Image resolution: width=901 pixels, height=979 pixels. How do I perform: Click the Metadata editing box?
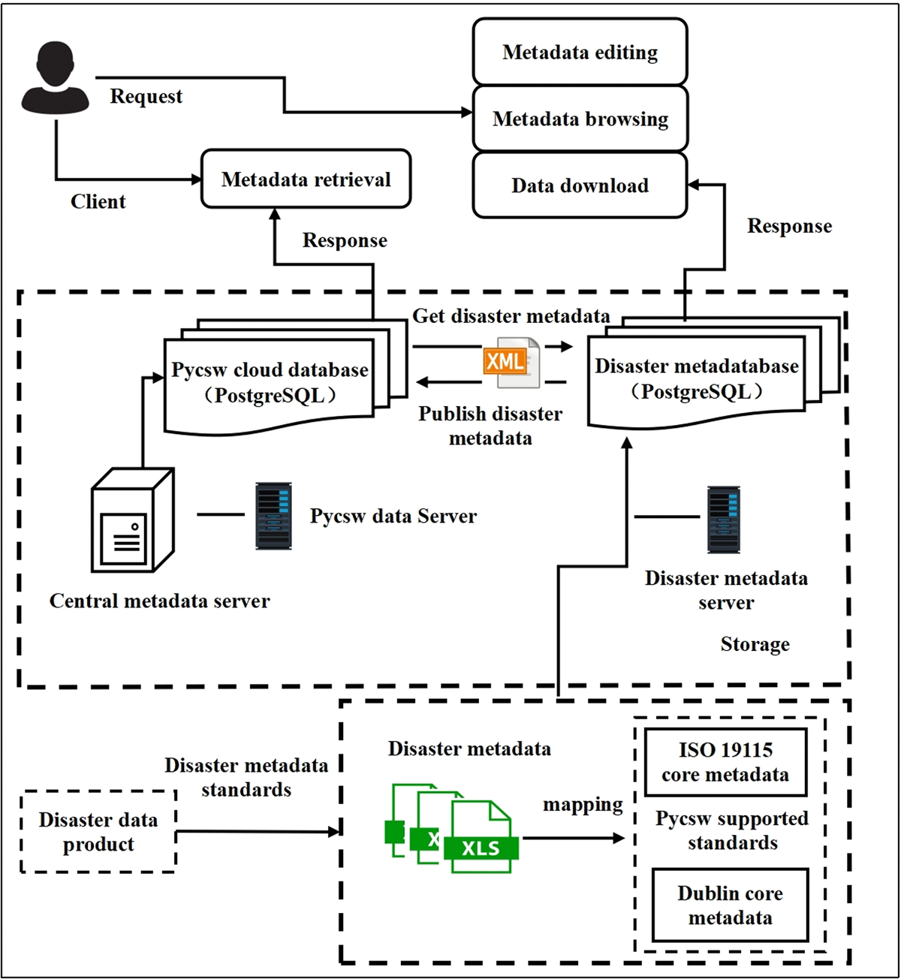click(580, 52)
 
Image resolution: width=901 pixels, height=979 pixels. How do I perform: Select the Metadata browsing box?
click(580, 119)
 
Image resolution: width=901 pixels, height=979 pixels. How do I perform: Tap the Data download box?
click(580, 185)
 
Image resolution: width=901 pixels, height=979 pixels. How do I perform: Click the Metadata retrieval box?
click(306, 179)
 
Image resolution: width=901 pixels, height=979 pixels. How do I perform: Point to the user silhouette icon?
click(55, 77)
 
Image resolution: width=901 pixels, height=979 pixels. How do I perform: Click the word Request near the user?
click(146, 96)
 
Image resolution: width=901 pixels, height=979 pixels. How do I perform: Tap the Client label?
click(98, 201)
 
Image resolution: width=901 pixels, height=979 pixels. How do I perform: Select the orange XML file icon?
click(511, 363)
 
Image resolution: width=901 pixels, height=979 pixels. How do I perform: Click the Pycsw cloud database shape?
click(285, 376)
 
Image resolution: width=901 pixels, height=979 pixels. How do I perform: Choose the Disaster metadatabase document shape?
click(714, 373)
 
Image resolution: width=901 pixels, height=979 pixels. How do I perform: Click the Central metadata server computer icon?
click(133, 520)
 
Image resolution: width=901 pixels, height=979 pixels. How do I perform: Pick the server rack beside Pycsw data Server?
click(273, 516)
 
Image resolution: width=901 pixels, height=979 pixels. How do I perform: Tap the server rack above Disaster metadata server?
click(723, 520)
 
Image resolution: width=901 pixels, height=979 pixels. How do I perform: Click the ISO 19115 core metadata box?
click(725, 762)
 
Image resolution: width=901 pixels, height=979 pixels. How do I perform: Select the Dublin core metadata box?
click(730, 905)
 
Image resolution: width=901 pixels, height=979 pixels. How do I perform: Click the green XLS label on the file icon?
click(481, 848)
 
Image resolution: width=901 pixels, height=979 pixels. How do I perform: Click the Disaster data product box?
click(98, 832)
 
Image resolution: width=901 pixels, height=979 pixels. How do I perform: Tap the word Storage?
click(755, 644)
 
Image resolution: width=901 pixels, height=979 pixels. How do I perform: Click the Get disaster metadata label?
click(511, 316)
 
